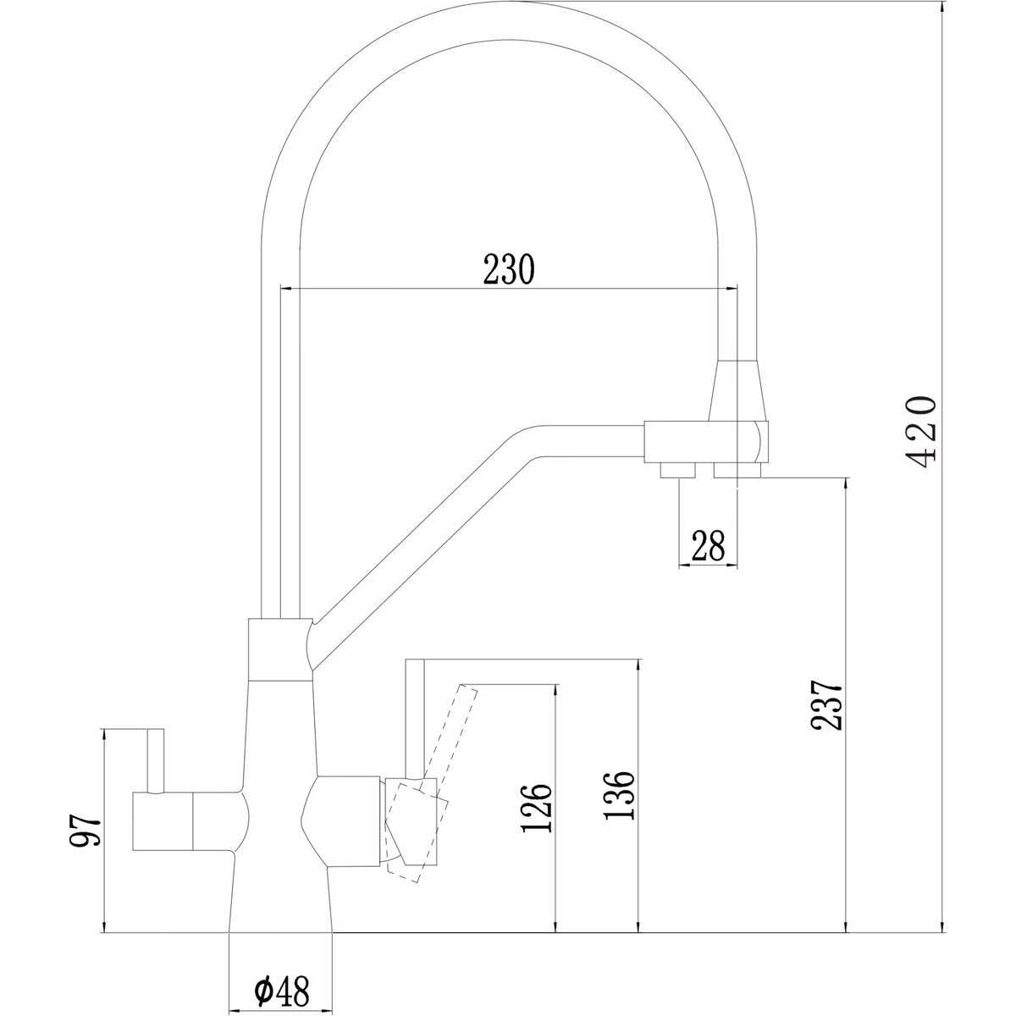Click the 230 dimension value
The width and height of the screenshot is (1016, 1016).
[x=509, y=269]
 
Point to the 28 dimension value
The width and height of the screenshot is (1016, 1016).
[x=708, y=546]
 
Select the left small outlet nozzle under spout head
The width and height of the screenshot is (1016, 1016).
[x=678, y=469]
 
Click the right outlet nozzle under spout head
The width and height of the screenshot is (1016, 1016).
[x=737, y=469]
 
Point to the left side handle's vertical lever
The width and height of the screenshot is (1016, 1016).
[x=156, y=761]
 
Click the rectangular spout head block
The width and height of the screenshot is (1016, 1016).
[x=706, y=441]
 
